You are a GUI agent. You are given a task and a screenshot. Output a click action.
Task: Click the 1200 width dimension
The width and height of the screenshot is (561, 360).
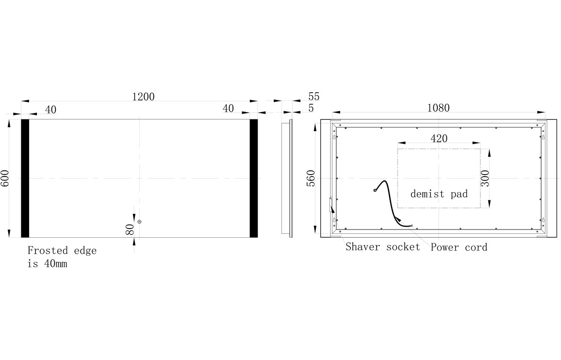point(143,97)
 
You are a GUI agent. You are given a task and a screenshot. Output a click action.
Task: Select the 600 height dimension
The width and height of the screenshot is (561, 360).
point(5,178)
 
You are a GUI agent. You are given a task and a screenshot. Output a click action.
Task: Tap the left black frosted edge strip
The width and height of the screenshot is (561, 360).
point(25,178)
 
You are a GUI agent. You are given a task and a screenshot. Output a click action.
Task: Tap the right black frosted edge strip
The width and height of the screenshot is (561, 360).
point(254,178)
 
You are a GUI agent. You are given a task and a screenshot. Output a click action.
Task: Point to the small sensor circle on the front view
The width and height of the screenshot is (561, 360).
point(139,222)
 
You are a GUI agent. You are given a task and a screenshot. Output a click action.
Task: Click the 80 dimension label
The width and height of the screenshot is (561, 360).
point(130,229)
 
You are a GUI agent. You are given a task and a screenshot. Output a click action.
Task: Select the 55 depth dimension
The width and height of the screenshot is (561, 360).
point(313,97)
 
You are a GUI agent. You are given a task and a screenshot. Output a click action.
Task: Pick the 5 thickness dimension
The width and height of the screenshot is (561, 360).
point(311,108)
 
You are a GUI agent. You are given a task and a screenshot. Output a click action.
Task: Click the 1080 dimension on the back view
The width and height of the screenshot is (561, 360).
point(438,108)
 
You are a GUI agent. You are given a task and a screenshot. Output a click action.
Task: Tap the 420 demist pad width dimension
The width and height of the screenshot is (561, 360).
point(439,138)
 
